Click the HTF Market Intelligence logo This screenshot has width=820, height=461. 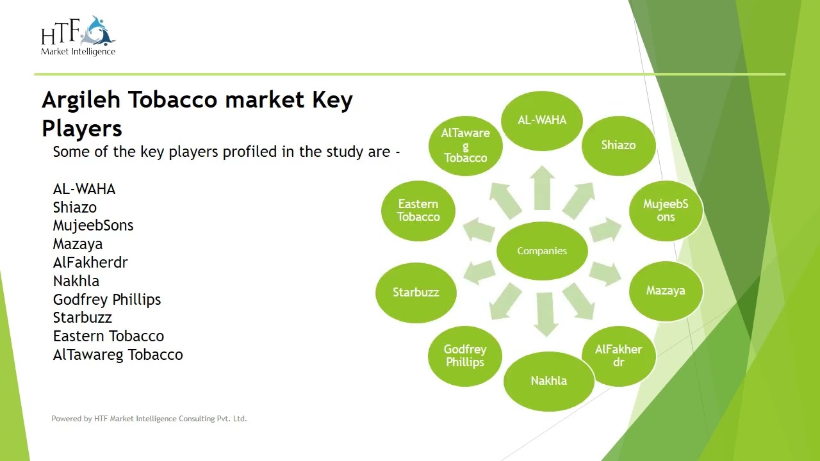(78, 36)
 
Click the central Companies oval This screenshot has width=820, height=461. (542, 251)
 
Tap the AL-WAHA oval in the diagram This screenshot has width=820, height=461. (542, 120)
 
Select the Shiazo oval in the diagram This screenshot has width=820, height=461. (618, 145)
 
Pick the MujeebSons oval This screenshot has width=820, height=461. (666, 210)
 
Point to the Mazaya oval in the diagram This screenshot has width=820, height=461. (666, 291)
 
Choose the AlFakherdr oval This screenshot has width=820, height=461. (618, 355)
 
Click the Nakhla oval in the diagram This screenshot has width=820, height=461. (548, 381)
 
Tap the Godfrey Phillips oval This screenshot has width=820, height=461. (465, 355)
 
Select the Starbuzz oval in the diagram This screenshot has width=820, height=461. (416, 293)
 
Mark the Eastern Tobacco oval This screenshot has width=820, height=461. (418, 211)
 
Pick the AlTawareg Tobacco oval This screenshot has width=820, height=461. (465, 145)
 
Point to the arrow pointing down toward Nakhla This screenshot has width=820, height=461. (545, 314)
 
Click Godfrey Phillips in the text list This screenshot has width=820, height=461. (107, 300)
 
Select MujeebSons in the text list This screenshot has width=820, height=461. (93, 225)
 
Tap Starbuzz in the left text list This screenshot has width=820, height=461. (82, 318)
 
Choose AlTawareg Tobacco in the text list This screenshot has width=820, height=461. (118, 355)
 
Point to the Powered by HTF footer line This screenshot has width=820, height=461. (149, 419)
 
